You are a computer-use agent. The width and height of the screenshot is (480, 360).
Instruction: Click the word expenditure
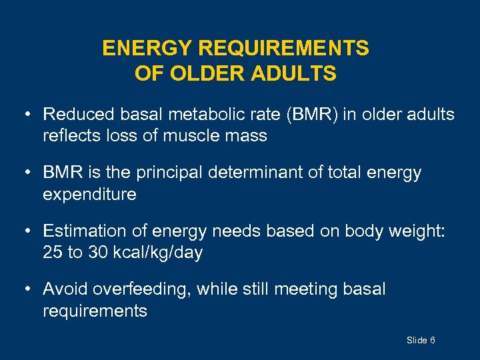pyautogui.click(x=89, y=195)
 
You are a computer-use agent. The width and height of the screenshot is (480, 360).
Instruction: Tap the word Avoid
pyautogui.click(x=65, y=289)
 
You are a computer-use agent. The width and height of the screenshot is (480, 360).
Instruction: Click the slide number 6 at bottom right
pyautogui.click(x=433, y=341)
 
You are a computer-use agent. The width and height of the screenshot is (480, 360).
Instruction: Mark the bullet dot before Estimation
pyautogui.click(x=27, y=231)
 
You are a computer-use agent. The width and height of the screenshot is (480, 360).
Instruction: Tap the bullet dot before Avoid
pyautogui.click(x=27, y=289)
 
